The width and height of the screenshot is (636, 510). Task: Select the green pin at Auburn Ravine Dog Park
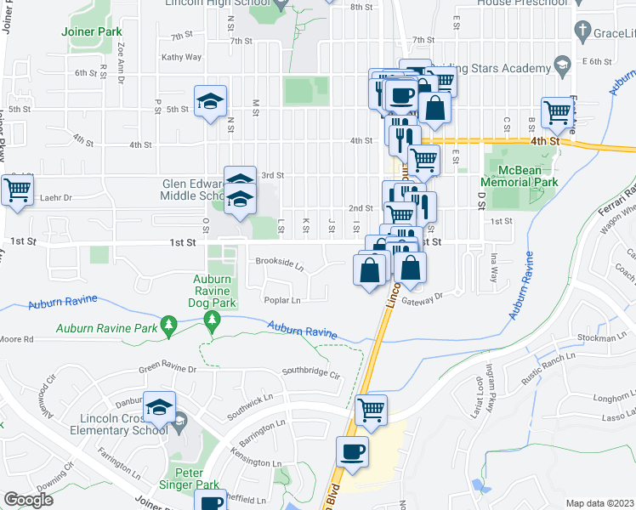click(x=212, y=320)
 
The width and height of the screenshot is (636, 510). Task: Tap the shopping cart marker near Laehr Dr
click(x=16, y=190)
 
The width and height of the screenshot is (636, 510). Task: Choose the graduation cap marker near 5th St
click(x=210, y=102)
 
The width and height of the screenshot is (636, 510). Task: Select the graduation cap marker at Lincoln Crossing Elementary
click(x=159, y=407)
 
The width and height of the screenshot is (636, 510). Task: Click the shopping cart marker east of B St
click(x=557, y=111)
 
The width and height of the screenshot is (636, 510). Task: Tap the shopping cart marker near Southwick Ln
click(x=371, y=410)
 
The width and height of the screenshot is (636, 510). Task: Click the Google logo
click(x=28, y=500)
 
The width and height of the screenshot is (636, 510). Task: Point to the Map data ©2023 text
click(x=599, y=503)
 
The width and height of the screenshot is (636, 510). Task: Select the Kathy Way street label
click(x=186, y=58)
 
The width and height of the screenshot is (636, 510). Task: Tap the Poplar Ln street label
click(x=284, y=300)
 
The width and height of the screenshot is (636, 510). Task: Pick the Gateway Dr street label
click(x=424, y=297)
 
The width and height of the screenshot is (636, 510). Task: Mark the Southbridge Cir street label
click(x=310, y=372)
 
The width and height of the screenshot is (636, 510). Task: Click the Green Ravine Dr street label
click(x=168, y=369)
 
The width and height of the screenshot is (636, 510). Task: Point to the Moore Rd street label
click(x=17, y=338)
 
